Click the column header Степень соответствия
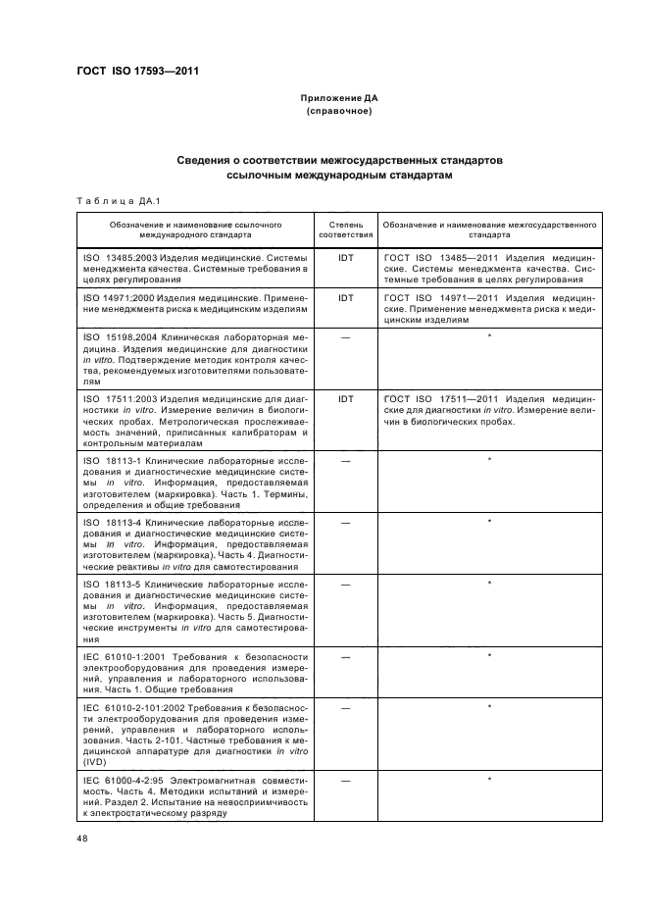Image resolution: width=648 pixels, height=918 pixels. coord(345,229)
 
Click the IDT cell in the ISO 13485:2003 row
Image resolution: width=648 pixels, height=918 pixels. coord(345,257)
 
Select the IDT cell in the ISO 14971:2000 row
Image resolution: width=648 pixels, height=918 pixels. coord(345,297)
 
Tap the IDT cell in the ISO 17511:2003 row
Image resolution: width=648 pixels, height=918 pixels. coord(345,400)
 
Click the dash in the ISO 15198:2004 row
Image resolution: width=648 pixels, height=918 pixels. coord(345,338)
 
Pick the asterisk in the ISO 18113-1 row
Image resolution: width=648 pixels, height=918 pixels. coord(489,460)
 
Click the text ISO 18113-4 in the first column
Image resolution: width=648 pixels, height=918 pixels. coord(114,523)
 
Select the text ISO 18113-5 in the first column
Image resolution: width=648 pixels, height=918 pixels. coord(114,585)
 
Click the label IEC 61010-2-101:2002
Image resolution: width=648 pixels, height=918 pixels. coord(134,707)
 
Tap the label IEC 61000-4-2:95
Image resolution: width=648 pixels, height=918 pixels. coord(124,781)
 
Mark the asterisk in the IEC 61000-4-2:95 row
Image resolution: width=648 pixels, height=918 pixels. coord(489,780)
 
